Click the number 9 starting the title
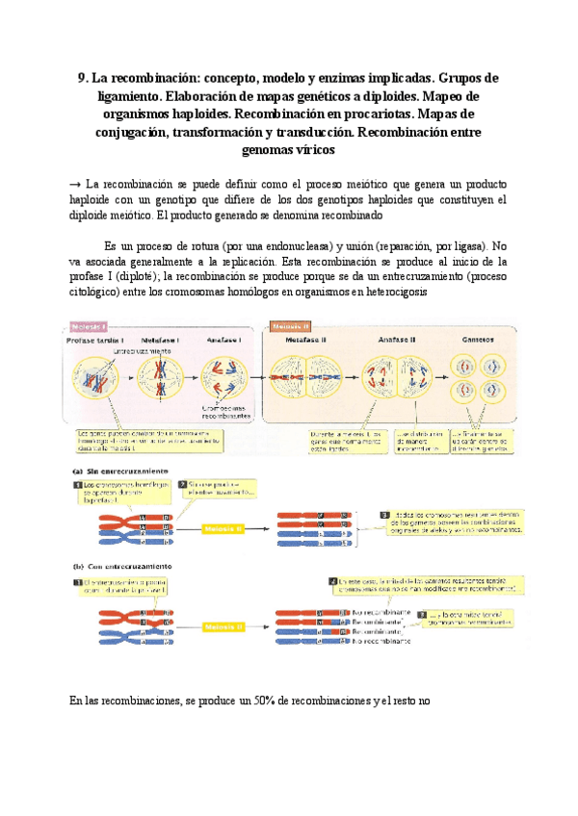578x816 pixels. (80, 78)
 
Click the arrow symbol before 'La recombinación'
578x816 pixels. (75, 183)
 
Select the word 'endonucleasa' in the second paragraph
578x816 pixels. (299, 245)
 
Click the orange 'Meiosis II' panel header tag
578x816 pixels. (290, 327)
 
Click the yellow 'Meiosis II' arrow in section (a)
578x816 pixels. (227, 528)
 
